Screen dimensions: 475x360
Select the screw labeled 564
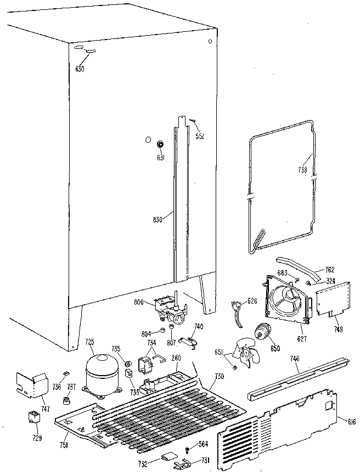[x=189, y=450]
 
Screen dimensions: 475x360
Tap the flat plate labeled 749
[x=334, y=300]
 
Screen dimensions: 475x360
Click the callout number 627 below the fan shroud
[x=302, y=332]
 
